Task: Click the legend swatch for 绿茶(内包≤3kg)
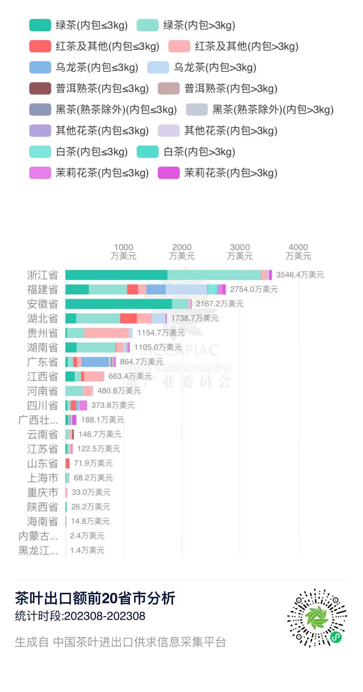(x=40, y=25)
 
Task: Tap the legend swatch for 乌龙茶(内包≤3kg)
(x=40, y=67)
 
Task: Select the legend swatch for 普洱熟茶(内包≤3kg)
(x=40, y=88)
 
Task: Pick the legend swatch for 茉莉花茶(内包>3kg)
(x=168, y=173)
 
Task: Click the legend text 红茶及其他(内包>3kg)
(x=246, y=46)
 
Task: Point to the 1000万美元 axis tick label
(x=123, y=252)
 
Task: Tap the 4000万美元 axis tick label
(x=298, y=252)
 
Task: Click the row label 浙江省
(x=42, y=275)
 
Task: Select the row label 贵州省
(x=42, y=333)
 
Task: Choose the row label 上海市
(x=42, y=478)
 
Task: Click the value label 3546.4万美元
(x=300, y=275)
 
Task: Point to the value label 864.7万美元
(x=141, y=362)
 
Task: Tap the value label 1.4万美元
(x=87, y=550)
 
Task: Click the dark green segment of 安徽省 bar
(x=118, y=304)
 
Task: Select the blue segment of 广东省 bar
(x=95, y=362)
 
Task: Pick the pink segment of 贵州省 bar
(x=106, y=333)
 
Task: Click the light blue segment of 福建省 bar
(x=186, y=289)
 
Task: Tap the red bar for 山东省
(x=68, y=463)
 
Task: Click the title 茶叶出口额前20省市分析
(x=95, y=598)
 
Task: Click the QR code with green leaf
(x=317, y=618)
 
